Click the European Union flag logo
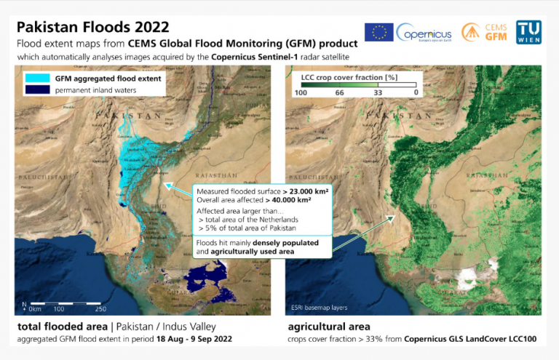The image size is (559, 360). point(378,32)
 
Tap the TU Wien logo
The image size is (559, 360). point(528,32)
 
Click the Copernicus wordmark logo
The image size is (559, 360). point(424,33)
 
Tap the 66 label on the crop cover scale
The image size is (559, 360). point(339,92)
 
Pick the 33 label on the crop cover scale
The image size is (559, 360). point(378,92)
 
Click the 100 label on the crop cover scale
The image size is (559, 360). point(298,92)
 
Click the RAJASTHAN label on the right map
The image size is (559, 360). point(481,176)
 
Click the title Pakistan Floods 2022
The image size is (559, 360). point(92,27)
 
